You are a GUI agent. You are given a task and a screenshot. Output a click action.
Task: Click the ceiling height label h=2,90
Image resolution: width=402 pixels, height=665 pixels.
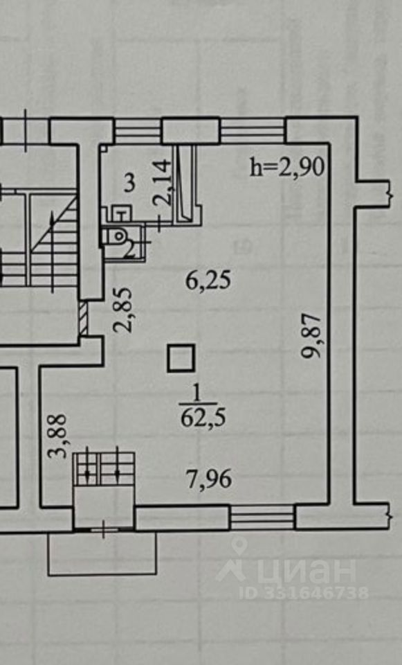[287, 167]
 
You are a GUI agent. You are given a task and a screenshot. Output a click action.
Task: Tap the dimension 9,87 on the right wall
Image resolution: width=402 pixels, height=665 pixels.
[310, 336]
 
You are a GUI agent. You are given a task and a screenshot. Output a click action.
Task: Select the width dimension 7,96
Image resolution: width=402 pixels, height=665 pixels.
[209, 479]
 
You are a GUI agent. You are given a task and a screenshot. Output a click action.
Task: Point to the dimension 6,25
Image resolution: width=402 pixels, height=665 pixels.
[209, 281]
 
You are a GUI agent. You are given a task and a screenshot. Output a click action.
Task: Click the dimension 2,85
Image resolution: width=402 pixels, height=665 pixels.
[123, 310]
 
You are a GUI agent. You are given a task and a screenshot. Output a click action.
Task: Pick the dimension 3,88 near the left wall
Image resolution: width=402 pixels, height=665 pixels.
[57, 436]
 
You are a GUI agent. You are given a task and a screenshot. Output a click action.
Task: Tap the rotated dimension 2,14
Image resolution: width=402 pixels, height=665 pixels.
[163, 182]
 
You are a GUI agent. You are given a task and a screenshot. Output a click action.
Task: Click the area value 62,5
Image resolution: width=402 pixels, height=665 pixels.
[203, 418]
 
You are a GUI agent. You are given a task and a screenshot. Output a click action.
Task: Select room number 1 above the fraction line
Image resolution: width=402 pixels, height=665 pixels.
[197, 394]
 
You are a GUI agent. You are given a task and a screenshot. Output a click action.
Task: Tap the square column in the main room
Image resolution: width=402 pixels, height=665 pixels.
[181, 358]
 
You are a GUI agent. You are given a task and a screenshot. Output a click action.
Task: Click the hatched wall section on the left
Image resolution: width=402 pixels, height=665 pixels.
[84, 318]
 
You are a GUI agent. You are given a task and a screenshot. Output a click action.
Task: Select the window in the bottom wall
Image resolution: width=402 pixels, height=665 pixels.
[262, 517]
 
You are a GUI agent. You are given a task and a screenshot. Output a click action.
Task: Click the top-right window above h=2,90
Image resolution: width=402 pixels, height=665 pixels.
[253, 131]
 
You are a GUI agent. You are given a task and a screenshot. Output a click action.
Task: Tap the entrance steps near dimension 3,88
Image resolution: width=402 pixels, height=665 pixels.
[104, 469]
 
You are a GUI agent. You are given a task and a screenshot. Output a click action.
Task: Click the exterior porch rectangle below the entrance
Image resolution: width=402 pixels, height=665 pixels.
[102, 553]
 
